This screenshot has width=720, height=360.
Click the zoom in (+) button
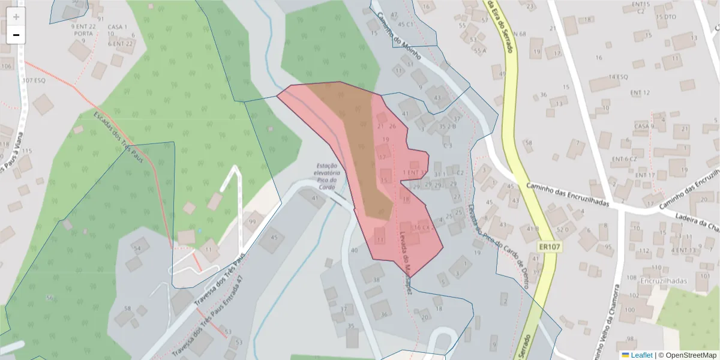pyautogui.click(x=16, y=17)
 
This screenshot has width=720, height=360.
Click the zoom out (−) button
pyautogui.click(x=16, y=35)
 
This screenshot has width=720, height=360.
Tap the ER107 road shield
pyautogui.click(x=547, y=247)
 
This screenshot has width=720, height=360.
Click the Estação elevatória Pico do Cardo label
pyautogui.click(x=327, y=176)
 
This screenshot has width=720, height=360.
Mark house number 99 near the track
pyautogui.click(x=252, y=223)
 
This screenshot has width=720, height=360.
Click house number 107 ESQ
pyautogui.click(x=34, y=80)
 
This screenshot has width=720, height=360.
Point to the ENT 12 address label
pyautogui.click(x=640, y=92)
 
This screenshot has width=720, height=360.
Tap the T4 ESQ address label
pyautogui.click(x=617, y=77)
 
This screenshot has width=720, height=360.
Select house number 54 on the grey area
pyautogui.click(x=137, y=248)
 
